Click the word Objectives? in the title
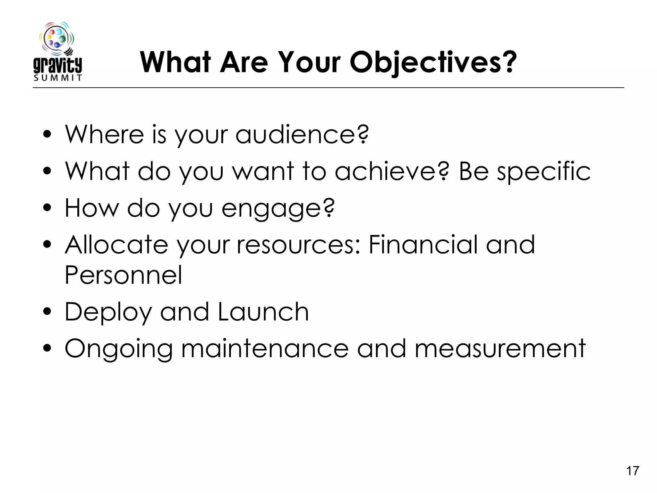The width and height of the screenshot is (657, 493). point(433,63)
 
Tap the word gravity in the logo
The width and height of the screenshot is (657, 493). point(58,65)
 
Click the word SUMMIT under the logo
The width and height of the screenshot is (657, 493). point(58,78)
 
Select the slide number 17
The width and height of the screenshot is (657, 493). point(633,471)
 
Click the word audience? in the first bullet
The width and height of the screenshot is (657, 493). point(302,135)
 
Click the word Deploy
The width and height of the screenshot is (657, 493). point(108,313)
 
